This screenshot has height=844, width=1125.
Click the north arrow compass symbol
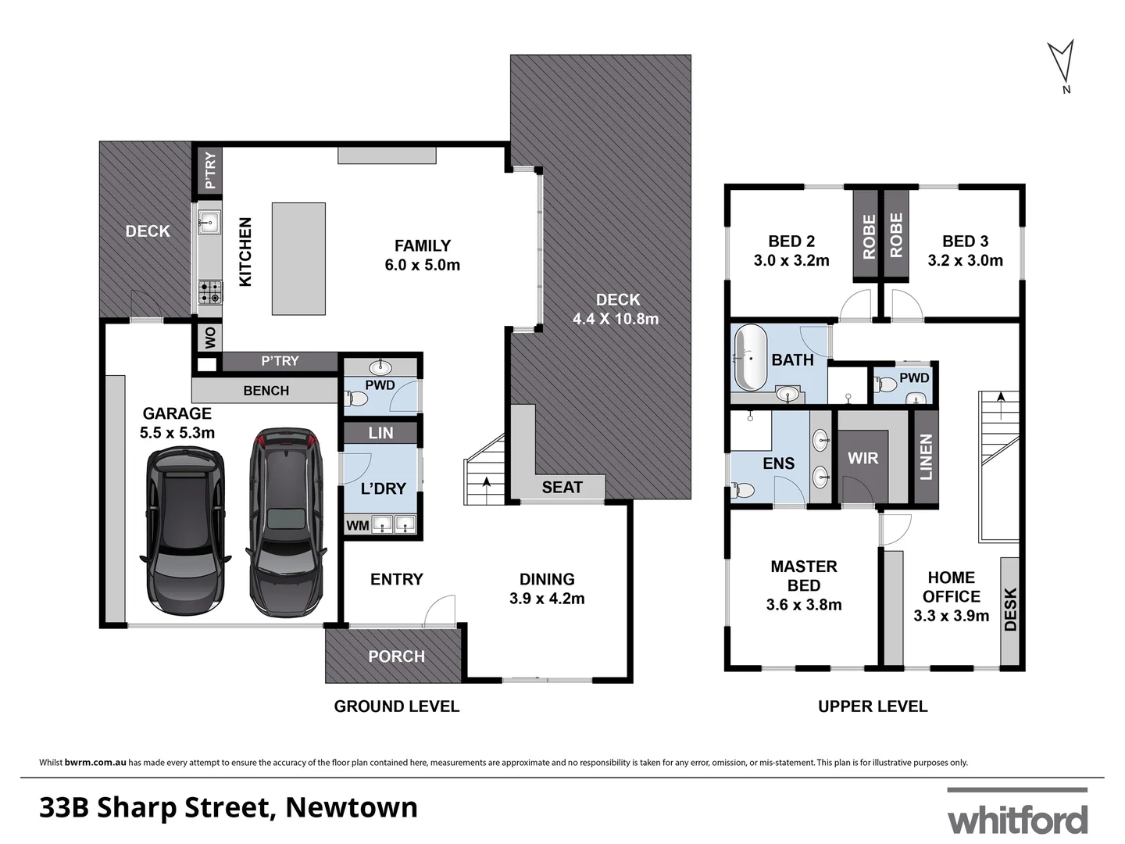click(1060, 63)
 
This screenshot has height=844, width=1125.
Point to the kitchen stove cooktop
click(209, 292)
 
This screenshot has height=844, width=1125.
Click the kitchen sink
click(209, 222)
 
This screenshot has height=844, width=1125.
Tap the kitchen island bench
click(298, 259)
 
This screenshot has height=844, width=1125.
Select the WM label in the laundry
click(357, 525)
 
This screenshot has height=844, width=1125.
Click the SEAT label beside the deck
click(562, 488)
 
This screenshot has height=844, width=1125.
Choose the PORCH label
click(396, 656)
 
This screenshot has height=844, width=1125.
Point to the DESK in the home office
click(1009, 610)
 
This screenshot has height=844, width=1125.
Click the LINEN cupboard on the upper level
click(926, 457)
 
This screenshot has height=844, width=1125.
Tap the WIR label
click(862, 458)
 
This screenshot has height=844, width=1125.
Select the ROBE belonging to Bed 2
click(869, 235)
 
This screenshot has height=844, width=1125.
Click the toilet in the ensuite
click(744, 490)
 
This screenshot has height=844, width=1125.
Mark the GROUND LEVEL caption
click(396, 706)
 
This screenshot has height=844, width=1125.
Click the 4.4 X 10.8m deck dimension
click(616, 319)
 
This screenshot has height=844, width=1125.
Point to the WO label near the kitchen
click(209, 338)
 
